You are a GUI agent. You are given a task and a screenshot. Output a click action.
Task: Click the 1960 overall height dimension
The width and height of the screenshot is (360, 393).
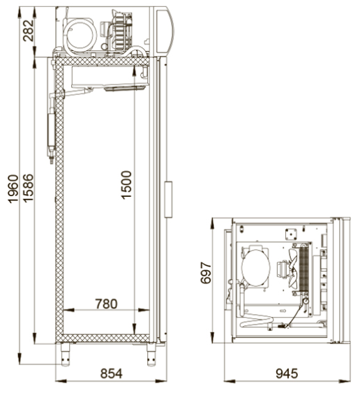[13, 188]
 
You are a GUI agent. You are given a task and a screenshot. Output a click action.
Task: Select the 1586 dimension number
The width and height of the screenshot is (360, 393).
[28, 188]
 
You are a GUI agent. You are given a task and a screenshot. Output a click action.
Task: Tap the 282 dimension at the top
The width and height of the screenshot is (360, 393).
[28, 31]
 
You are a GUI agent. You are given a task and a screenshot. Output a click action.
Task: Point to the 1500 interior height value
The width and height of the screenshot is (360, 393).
[126, 185]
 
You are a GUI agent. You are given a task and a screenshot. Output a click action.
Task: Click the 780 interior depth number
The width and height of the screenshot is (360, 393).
[106, 304]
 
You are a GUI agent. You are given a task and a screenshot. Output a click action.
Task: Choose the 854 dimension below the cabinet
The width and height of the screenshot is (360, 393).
[111, 373]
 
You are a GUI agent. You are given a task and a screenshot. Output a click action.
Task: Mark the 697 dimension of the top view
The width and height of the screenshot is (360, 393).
[206, 273]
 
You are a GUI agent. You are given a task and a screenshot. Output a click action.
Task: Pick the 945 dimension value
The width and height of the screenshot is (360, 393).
[287, 373]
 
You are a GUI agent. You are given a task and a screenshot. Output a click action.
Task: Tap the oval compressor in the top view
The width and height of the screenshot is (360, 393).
[256, 267]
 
